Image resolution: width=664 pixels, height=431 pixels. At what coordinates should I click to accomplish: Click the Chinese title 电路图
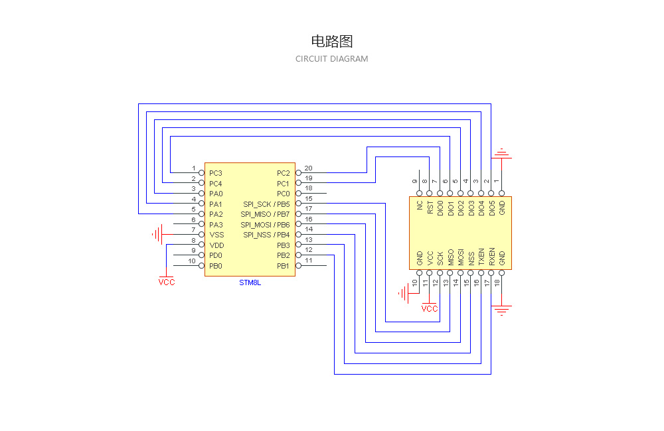click(x=331, y=42)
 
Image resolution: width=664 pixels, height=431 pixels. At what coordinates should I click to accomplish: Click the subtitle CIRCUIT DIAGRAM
click(x=331, y=59)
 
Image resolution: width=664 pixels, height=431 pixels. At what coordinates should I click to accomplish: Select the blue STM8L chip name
click(x=250, y=282)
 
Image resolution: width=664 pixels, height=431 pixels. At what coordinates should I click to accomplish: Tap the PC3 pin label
click(x=215, y=173)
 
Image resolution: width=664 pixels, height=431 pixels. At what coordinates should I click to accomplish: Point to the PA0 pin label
click(x=215, y=194)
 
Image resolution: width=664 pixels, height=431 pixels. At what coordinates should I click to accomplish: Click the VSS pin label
click(x=216, y=235)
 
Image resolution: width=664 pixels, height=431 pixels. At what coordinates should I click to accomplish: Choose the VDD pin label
click(x=216, y=245)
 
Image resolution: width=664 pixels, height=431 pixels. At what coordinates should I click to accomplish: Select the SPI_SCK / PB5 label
click(x=266, y=204)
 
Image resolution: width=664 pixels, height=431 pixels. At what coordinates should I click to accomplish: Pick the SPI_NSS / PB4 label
click(x=266, y=235)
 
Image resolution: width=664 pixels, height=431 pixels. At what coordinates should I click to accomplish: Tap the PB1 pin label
click(x=284, y=266)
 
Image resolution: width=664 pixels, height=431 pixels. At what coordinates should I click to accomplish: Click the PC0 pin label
click(x=284, y=194)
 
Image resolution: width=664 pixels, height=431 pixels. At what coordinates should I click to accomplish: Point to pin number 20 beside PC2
click(x=309, y=168)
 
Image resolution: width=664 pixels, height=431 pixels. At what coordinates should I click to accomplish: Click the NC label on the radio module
click(x=420, y=206)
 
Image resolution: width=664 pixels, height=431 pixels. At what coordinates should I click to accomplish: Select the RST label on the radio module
click(x=430, y=208)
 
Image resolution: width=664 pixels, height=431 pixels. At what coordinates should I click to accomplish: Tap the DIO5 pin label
click(x=492, y=208)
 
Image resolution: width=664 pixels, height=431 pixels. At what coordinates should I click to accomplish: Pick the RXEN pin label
click(x=492, y=257)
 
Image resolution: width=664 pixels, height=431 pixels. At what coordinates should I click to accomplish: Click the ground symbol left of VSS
click(x=157, y=234)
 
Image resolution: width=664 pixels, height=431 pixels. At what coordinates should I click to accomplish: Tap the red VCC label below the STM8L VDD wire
click(x=167, y=282)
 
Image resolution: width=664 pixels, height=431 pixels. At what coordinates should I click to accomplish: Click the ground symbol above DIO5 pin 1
click(x=502, y=154)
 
